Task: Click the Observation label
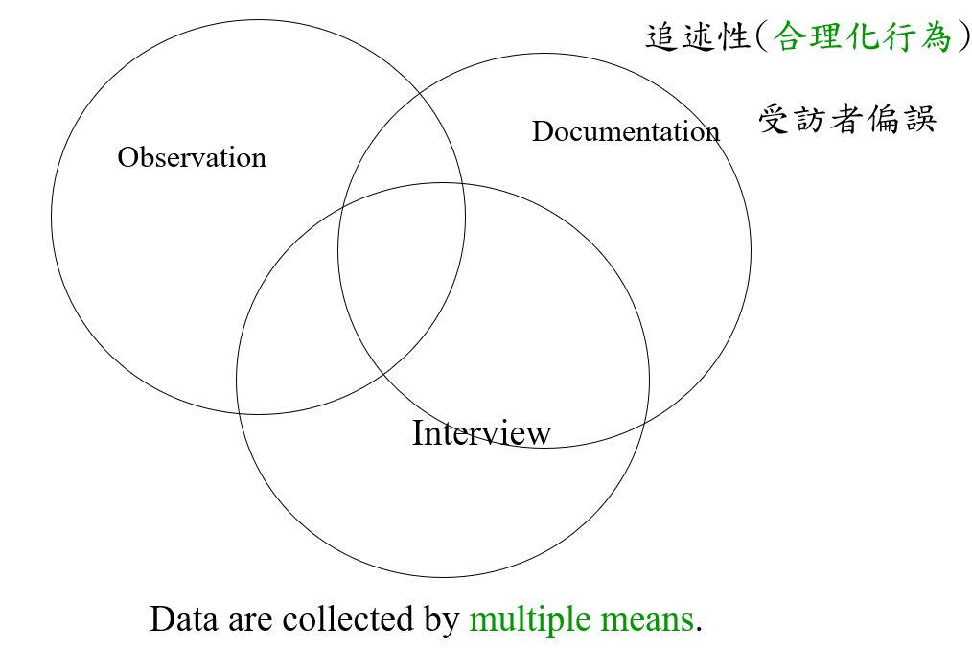click(192, 157)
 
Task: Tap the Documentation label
click(625, 131)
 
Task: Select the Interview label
click(481, 433)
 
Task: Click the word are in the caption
click(250, 620)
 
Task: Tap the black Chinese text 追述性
click(697, 37)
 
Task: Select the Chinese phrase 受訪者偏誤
click(847, 120)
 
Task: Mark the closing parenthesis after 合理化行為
click(962, 37)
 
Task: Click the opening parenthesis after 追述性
click(763, 37)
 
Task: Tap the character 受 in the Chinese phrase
click(775, 120)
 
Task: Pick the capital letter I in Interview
click(418, 433)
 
